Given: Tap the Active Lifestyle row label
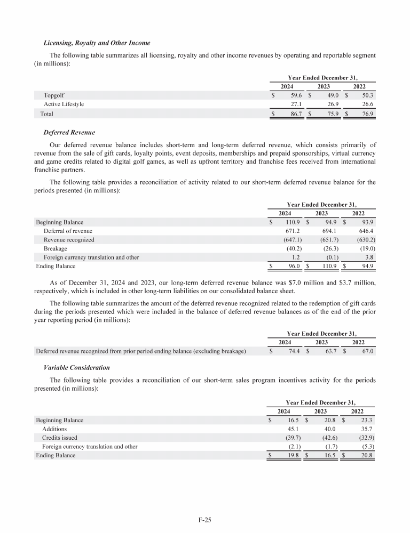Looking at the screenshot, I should [x=64, y=104].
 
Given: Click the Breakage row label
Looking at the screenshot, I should [x=56, y=248].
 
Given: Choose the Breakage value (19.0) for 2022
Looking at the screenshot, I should [x=367, y=248].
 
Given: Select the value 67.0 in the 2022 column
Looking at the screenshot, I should [x=368, y=351].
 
